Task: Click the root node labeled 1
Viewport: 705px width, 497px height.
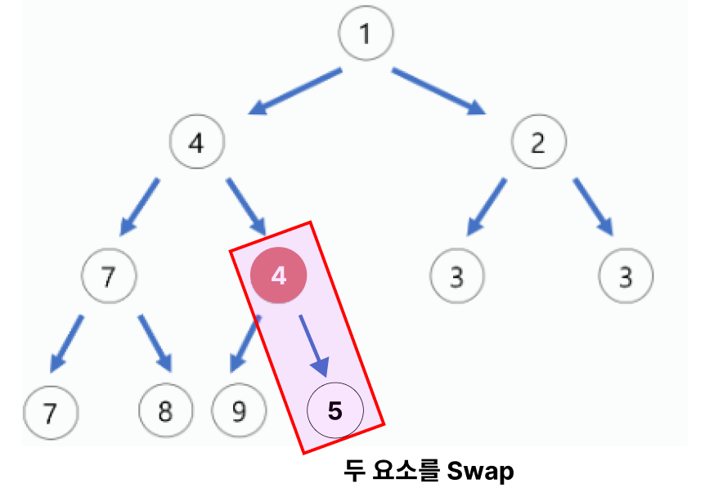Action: click(366, 34)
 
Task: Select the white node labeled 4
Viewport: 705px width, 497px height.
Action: click(196, 143)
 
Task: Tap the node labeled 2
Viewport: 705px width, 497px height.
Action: click(538, 143)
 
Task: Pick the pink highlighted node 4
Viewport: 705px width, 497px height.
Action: click(279, 275)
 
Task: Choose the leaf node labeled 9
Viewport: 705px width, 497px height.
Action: click(238, 410)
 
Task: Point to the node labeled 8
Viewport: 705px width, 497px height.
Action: click(165, 410)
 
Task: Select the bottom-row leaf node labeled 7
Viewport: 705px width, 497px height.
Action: click(50, 411)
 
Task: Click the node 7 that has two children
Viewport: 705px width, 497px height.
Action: click(109, 276)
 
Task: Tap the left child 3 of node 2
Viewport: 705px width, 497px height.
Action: click(457, 276)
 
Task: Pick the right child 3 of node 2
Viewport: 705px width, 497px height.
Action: click(626, 276)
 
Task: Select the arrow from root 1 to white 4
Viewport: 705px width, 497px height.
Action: click(295, 92)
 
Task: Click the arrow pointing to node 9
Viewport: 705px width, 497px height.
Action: click(243, 345)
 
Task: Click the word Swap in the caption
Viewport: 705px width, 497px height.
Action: click(481, 472)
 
